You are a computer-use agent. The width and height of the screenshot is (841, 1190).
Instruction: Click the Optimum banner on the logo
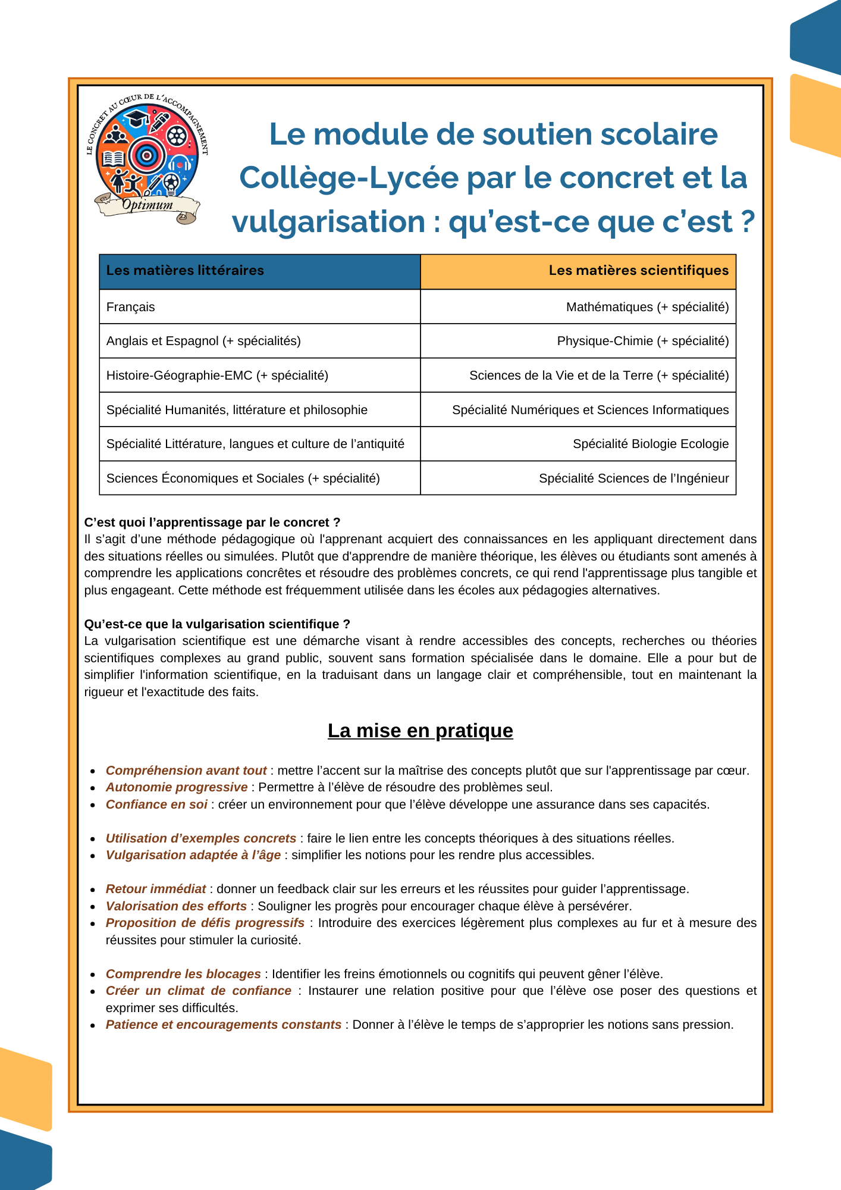pyautogui.click(x=148, y=206)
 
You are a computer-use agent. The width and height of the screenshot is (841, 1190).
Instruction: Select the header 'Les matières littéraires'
pyautogui.click(x=185, y=271)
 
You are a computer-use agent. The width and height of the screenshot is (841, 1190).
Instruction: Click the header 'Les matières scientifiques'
pyautogui.click(x=638, y=271)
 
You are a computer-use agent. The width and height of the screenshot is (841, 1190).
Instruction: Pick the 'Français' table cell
pyautogui.click(x=131, y=307)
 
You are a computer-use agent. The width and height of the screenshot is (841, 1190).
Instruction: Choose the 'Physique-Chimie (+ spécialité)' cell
pyautogui.click(x=642, y=341)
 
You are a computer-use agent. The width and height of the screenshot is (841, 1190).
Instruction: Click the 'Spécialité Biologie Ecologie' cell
pyautogui.click(x=650, y=444)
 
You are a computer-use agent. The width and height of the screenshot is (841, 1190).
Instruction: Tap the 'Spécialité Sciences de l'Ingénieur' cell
pyautogui.click(x=633, y=478)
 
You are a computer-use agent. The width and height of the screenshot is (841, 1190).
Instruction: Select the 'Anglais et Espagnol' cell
pyautogui.click(x=203, y=341)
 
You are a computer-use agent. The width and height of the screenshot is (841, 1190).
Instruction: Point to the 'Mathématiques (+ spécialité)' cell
pyautogui.click(x=647, y=307)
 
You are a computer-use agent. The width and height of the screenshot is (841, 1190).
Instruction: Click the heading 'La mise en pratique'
pyautogui.click(x=420, y=731)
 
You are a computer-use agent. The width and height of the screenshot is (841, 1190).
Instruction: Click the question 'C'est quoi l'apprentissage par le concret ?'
pyautogui.click(x=212, y=522)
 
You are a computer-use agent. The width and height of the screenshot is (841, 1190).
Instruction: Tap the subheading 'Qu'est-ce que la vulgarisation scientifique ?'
pyautogui.click(x=217, y=624)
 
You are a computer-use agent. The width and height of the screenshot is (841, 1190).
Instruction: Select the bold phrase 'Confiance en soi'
pyautogui.click(x=156, y=804)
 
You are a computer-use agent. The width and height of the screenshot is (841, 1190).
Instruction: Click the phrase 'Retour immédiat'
pyautogui.click(x=156, y=889)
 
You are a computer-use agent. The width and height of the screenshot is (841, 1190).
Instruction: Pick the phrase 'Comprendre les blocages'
pyautogui.click(x=183, y=974)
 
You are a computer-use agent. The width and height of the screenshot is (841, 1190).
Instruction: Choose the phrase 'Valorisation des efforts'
pyautogui.click(x=176, y=906)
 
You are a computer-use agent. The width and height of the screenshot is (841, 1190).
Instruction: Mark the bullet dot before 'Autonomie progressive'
pyautogui.click(x=93, y=788)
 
